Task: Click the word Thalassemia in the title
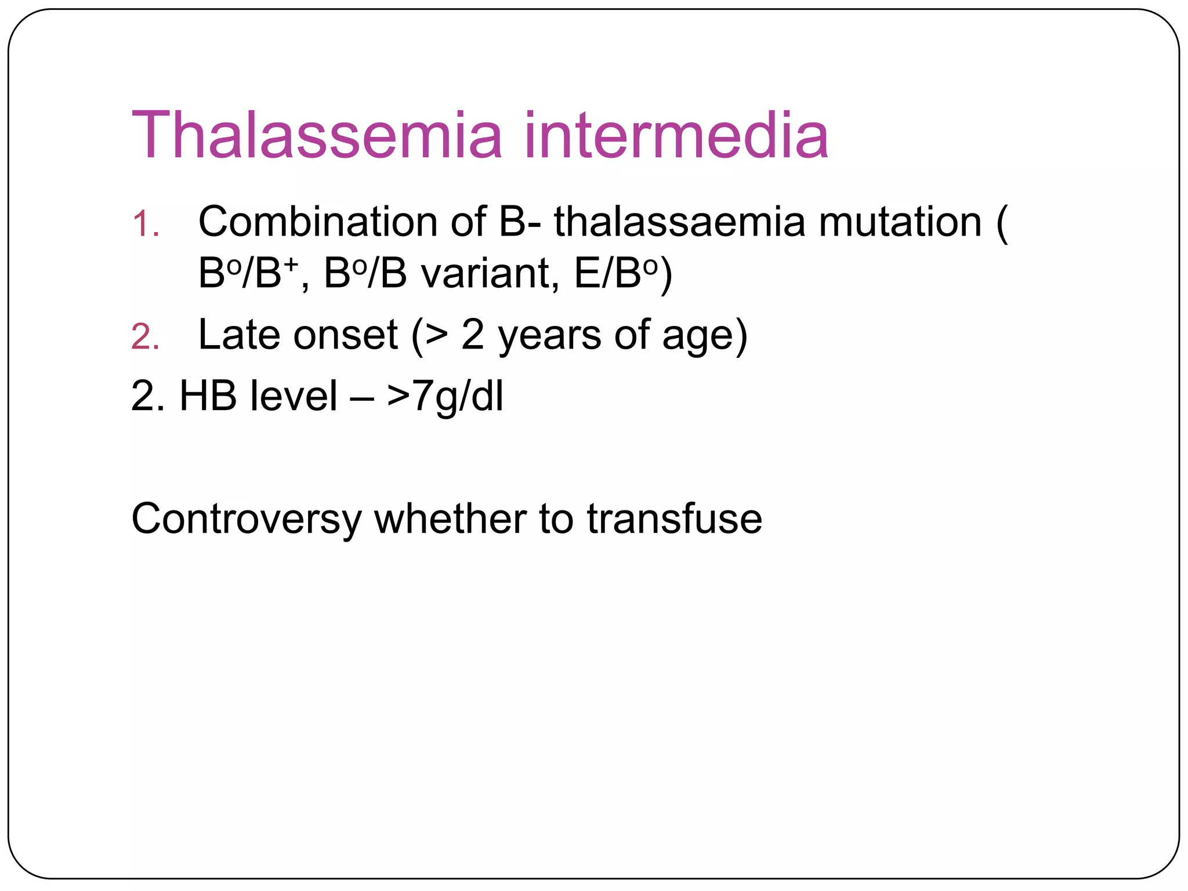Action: tap(316, 135)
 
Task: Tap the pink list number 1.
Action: tap(145, 224)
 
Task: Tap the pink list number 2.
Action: tap(145, 337)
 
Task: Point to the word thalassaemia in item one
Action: tap(679, 222)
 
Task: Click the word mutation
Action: tap(900, 222)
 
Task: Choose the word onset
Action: tap(346, 335)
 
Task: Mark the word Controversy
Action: tap(246, 519)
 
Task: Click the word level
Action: tap(294, 396)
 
